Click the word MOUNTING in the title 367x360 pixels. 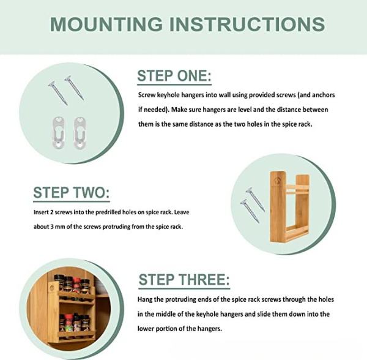point(106,24)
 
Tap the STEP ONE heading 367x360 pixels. point(174,76)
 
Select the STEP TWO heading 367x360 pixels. point(72,192)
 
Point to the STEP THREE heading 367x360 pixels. point(184,280)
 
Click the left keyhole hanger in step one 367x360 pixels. point(58,133)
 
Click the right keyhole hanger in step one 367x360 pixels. point(80,133)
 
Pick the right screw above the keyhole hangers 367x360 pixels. point(74,88)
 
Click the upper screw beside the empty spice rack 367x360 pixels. point(255,200)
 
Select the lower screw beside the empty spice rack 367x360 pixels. point(250,211)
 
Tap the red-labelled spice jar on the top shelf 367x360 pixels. point(77,285)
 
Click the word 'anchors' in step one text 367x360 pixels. point(324,95)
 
